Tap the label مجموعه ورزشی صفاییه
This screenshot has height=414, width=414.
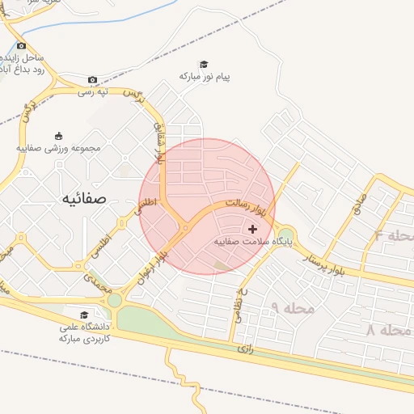(x=57, y=149)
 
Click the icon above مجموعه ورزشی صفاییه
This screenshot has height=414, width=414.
(x=57, y=136)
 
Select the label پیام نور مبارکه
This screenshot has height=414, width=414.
(x=205, y=76)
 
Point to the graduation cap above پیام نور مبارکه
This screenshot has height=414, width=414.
(x=204, y=64)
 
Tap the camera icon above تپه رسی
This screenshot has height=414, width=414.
(x=92, y=79)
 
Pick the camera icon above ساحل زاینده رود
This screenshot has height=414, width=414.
(x=21, y=46)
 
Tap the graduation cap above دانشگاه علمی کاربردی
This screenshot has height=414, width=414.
(x=84, y=315)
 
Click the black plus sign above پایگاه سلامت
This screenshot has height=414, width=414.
(x=253, y=230)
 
